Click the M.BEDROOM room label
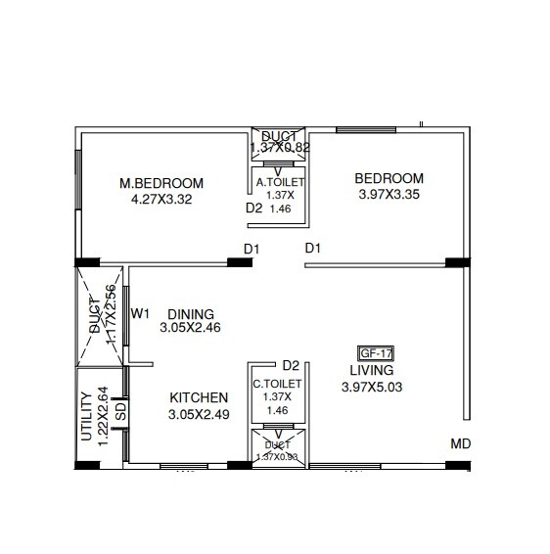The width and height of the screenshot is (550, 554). pos(161,183)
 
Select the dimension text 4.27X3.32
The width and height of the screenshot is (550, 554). pos(161,199)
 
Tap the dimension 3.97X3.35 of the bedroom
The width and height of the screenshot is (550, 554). pos(389,194)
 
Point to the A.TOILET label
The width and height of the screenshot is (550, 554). pos(280,182)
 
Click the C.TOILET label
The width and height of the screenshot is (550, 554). pos(278,385)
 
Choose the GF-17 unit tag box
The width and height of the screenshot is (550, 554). pos(377,354)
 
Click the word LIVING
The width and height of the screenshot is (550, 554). pos(372,371)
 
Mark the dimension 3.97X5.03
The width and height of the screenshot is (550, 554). pos(372,387)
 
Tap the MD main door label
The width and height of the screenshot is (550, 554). pos(461,444)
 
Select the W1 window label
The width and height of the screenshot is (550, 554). pos(140,313)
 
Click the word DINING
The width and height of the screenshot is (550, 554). pos(190,313)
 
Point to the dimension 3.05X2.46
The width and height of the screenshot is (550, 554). pos(190,328)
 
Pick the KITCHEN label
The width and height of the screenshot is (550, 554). pos(199,398)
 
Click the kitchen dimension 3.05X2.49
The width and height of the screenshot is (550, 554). pos(199,414)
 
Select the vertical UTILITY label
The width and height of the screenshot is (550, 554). pos(87,416)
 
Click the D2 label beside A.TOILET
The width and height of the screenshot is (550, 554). pos(253,208)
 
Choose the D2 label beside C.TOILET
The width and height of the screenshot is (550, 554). pos(290,365)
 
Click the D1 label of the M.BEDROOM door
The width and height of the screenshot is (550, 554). pos(252,249)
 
